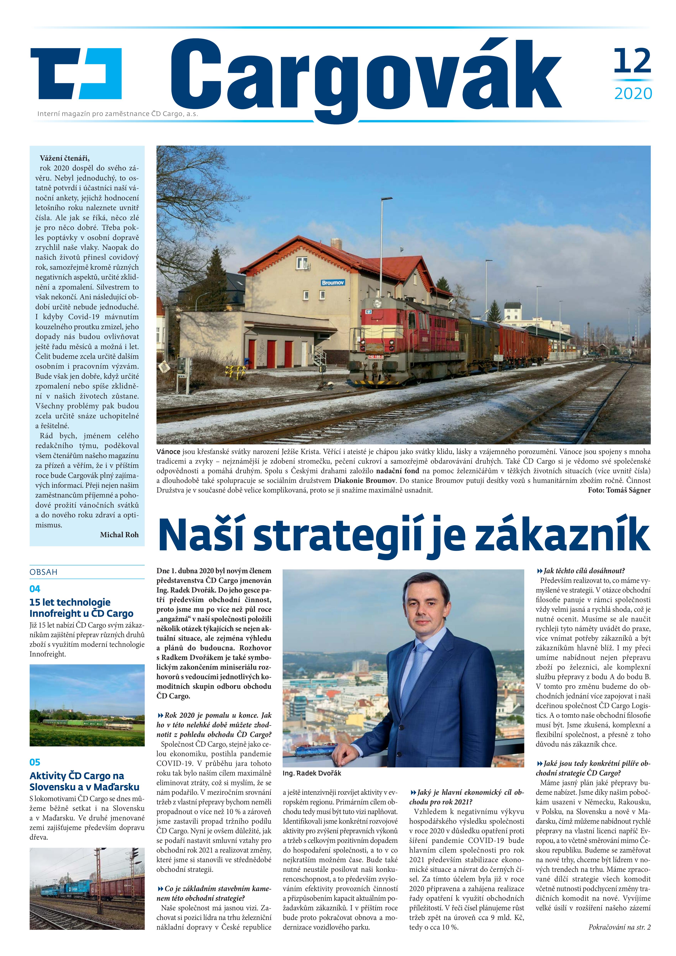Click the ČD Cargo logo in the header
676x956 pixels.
click(76, 73)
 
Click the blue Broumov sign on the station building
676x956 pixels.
click(333, 283)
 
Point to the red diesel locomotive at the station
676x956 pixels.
click(400, 341)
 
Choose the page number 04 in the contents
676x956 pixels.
click(35, 589)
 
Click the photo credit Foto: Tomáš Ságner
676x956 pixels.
click(619, 490)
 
